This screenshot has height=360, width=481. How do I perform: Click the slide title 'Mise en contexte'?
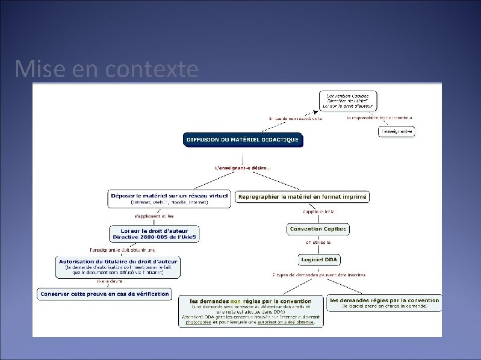click(107, 70)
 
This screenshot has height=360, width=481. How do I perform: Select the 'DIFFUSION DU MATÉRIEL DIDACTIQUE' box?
click(242, 140)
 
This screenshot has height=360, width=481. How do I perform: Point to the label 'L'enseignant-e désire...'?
click(243, 167)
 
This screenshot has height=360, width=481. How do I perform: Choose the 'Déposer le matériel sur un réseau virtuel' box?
click(169, 199)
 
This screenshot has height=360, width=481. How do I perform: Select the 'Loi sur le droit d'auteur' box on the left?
click(154, 233)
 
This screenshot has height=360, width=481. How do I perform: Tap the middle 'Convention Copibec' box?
click(318, 229)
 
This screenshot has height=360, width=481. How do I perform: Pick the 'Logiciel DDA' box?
click(319, 259)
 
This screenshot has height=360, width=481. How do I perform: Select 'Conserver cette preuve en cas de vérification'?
click(104, 294)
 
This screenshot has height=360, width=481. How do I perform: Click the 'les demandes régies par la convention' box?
click(384, 302)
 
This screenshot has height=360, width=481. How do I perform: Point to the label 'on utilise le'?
click(318, 242)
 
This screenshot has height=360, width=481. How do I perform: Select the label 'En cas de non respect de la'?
click(295, 118)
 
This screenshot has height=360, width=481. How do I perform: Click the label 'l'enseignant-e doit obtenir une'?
click(122, 249)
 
